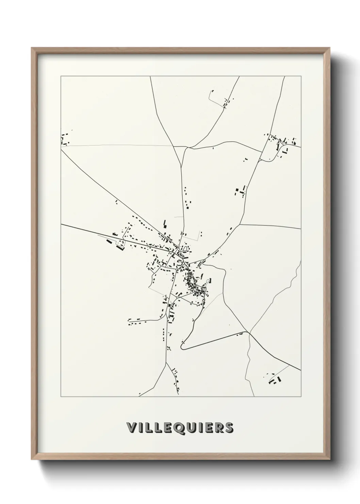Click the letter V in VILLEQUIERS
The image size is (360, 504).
coord(131,428)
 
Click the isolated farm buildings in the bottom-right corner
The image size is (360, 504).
coord(275,379)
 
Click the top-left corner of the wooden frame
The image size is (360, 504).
coord(32,48)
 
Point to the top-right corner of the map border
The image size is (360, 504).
coord(301,76)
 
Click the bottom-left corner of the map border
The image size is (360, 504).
coord(61,397)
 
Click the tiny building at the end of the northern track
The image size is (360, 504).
coord(212,91)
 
